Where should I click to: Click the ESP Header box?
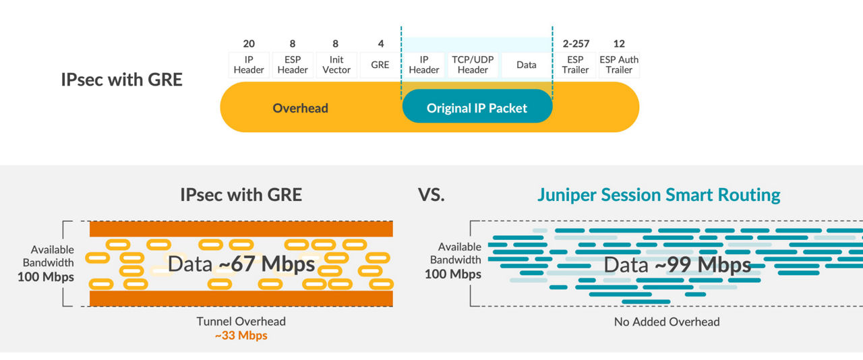293,65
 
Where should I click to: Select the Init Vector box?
336,65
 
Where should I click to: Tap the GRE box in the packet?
380,65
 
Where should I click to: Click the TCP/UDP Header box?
473,65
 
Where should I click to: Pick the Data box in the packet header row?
526,65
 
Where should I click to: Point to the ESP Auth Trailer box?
619,65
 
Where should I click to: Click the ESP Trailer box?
575,65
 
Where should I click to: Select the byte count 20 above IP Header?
249,44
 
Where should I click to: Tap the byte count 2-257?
575,44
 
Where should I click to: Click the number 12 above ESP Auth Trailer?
619,44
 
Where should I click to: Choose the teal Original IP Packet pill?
477,108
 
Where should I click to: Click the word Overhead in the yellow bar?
300,108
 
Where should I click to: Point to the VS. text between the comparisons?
431,196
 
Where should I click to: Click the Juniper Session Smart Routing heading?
658,196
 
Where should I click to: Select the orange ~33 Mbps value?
241,335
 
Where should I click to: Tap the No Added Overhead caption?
666,322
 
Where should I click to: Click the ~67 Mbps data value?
267,264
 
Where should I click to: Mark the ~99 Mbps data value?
703,265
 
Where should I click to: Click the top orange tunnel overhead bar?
241,229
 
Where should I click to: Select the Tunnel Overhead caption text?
241,322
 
